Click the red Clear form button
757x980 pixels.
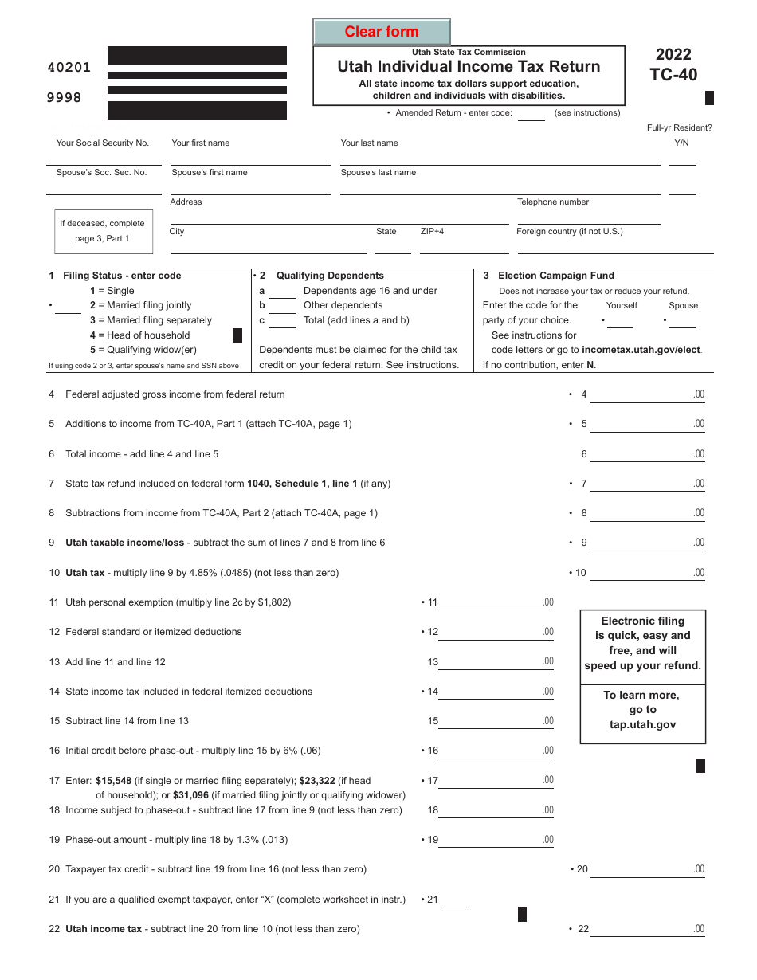(x=382, y=32)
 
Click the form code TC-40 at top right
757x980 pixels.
(x=673, y=74)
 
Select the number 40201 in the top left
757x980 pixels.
(x=69, y=68)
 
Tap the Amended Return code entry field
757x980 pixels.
(x=531, y=113)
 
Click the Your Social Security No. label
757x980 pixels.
(x=102, y=143)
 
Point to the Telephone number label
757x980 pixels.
(x=553, y=202)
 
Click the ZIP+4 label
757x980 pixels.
(x=432, y=232)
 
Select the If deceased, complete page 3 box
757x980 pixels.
(x=102, y=231)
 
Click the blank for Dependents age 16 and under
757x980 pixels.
(x=281, y=292)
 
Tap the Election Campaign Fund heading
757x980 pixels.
(x=555, y=276)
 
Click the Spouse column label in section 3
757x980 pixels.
(x=683, y=306)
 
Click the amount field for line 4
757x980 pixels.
(x=646, y=394)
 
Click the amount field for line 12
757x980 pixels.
(x=496, y=632)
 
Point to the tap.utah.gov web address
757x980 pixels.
(x=642, y=725)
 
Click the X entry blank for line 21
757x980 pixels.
(x=457, y=900)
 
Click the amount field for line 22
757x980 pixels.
(x=646, y=929)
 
